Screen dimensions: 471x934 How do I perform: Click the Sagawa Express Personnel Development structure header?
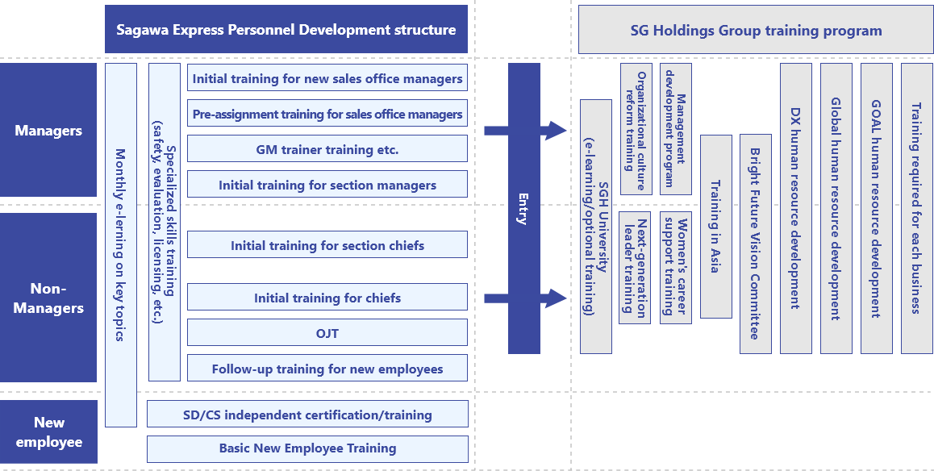click(x=286, y=30)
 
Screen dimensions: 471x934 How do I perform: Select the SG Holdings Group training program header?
click(x=756, y=31)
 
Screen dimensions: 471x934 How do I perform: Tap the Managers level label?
click(x=48, y=130)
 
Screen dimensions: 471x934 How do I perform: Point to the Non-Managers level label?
click(x=48, y=298)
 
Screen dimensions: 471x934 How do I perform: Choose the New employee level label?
click(x=48, y=432)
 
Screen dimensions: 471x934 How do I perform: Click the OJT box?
click(x=327, y=332)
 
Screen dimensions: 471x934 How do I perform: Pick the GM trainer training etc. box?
click(x=327, y=149)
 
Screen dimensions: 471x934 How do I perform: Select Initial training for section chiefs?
click(x=327, y=245)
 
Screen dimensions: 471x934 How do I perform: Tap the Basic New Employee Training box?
click(x=307, y=448)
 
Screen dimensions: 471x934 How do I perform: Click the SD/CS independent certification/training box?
click(x=307, y=415)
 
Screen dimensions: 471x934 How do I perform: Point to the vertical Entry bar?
click(x=523, y=208)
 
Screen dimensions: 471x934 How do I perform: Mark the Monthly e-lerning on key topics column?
click(x=120, y=244)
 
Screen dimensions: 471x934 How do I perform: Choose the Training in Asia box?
click(x=715, y=226)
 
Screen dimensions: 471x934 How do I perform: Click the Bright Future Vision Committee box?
click(x=756, y=244)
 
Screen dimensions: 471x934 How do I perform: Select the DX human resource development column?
click(x=796, y=208)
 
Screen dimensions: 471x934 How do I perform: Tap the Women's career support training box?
click(x=675, y=268)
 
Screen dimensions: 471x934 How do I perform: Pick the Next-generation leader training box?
click(x=635, y=268)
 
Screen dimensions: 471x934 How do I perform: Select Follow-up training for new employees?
click(x=327, y=369)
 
